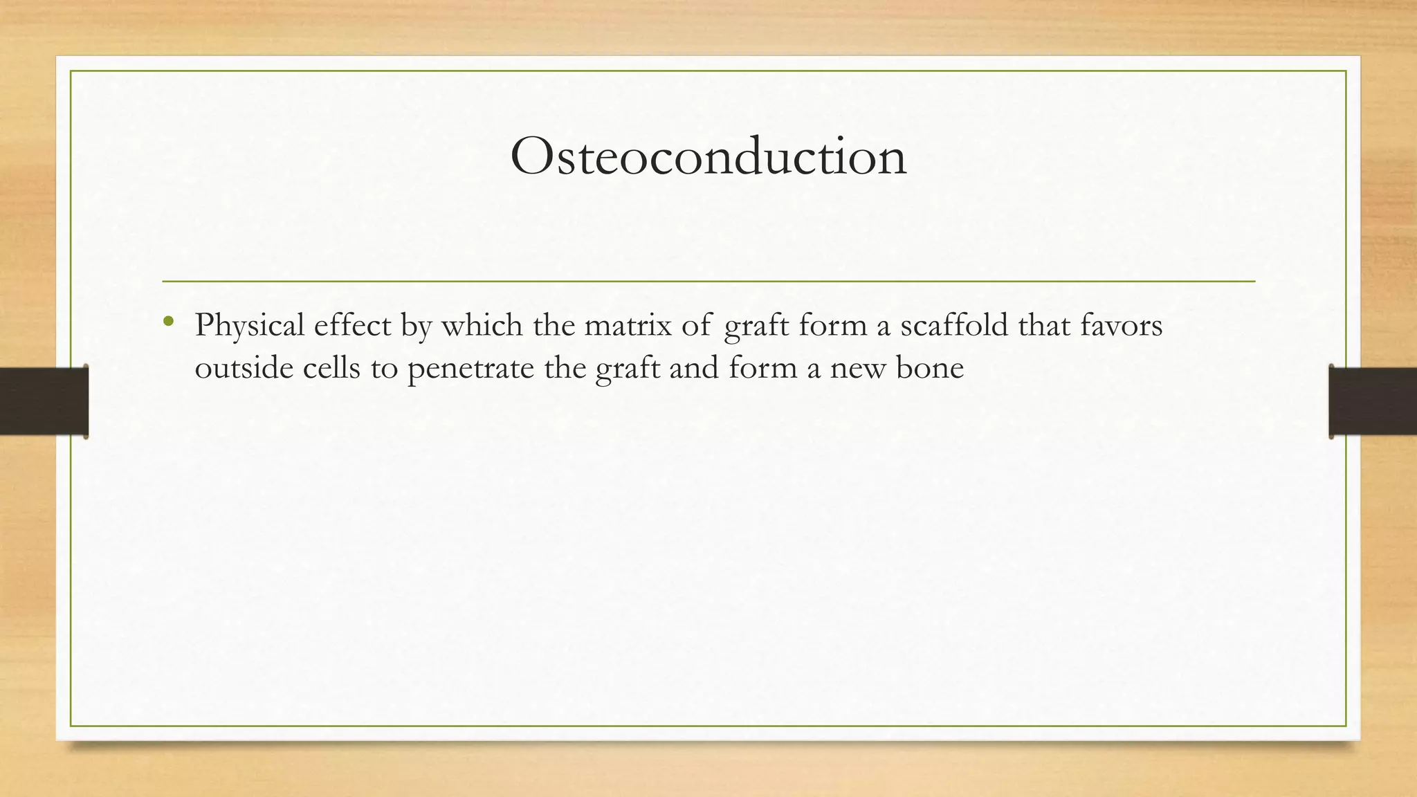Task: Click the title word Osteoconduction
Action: coord(708,156)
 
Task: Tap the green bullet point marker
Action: coord(167,321)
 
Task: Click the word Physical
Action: coord(250,326)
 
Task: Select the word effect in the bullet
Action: coord(352,326)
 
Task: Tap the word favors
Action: coord(1122,326)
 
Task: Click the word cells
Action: coord(332,368)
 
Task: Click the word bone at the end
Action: coord(930,368)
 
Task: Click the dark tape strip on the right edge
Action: coord(1373,401)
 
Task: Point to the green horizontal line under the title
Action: coord(708,282)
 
